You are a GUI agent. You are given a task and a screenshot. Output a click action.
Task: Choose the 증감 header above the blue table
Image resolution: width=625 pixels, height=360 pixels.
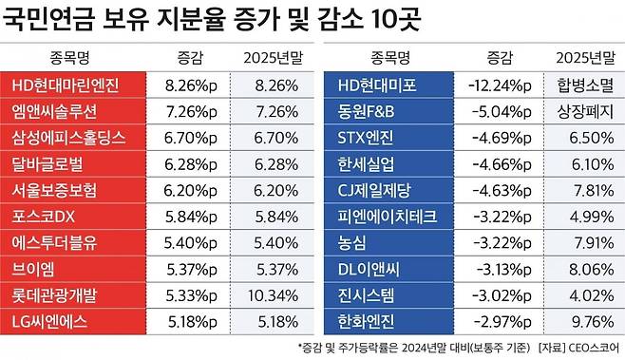(499, 55)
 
